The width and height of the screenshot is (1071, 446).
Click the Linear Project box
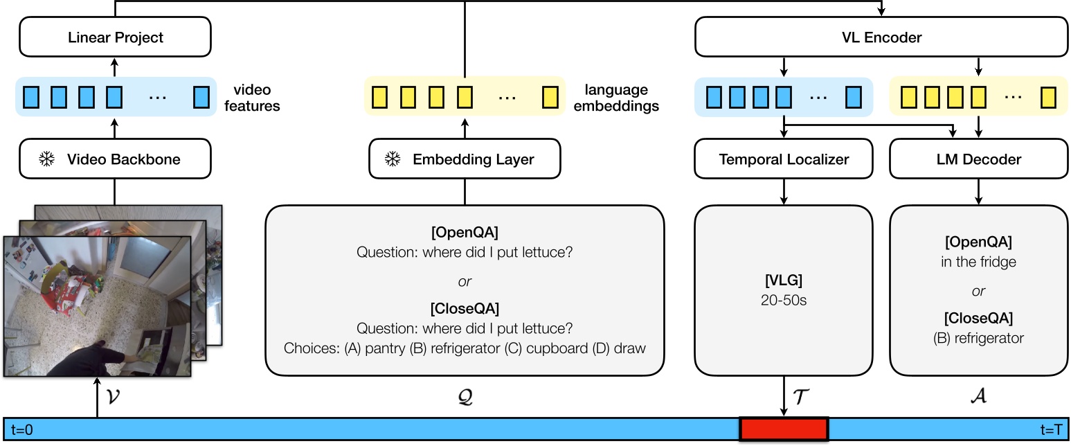coord(115,37)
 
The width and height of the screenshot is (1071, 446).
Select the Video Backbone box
coord(115,159)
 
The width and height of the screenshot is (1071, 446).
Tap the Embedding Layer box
coord(464,159)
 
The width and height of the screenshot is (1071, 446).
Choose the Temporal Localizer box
coord(784,159)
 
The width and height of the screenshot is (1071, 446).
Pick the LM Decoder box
coord(978,159)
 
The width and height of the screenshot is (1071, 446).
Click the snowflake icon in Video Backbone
coord(47,159)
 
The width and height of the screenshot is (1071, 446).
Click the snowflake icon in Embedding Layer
coord(393,159)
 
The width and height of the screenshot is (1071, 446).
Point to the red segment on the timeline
coord(784,429)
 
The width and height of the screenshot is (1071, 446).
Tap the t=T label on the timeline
coord(1051,430)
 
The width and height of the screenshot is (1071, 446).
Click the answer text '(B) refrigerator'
coord(978,338)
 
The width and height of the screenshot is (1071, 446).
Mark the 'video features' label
coord(252,98)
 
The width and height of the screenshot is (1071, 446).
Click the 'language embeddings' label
coord(616,98)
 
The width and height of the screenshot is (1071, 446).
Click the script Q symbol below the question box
coord(465,397)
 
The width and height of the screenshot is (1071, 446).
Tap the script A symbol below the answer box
coord(978,397)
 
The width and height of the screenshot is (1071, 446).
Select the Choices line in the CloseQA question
coord(465,348)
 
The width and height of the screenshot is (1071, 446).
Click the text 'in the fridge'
coord(978,263)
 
